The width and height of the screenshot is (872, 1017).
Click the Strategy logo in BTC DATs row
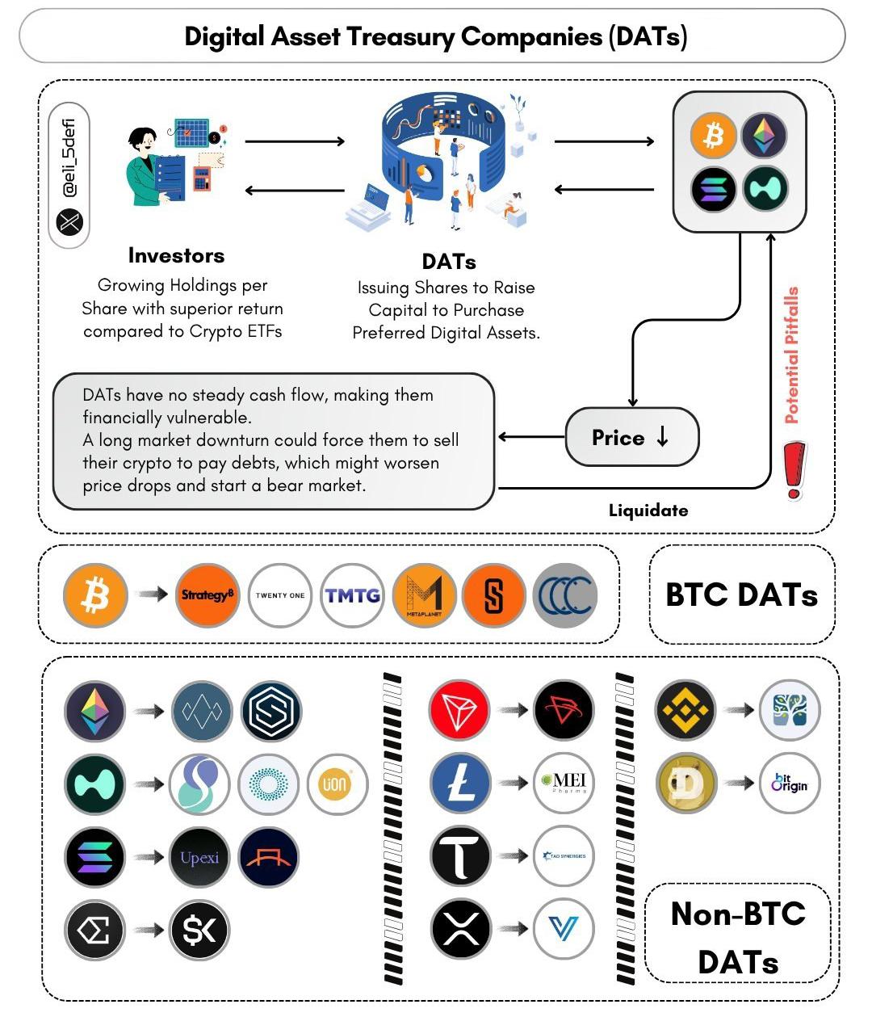tap(208, 595)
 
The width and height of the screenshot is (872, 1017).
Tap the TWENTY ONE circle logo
tap(280, 595)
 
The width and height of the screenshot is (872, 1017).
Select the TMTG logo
tap(352, 595)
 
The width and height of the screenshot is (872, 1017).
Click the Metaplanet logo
tap(424, 595)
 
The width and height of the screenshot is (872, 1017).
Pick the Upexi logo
tap(199, 858)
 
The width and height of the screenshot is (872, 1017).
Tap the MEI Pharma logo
tap(564, 782)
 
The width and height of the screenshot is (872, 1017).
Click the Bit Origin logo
tap(789, 782)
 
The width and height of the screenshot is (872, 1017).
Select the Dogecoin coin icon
tap(686, 782)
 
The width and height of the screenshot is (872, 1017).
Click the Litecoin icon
tap(460, 782)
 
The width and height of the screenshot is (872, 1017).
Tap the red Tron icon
tap(460, 710)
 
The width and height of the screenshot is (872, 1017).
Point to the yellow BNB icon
tap(686, 710)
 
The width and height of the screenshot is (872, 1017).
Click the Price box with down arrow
tap(631, 438)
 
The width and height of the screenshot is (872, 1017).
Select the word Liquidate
tap(648, 511)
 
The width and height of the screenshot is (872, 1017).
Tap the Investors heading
tap(176, 255)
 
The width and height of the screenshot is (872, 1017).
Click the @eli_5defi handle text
tap(70, 153)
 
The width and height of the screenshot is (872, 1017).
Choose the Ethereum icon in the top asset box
tap(764, 135)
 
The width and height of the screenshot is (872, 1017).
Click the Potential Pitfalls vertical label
tap(792, 355)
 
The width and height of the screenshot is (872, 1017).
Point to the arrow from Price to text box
tap(531, 437)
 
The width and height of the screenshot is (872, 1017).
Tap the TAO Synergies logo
tap(564, 855)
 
